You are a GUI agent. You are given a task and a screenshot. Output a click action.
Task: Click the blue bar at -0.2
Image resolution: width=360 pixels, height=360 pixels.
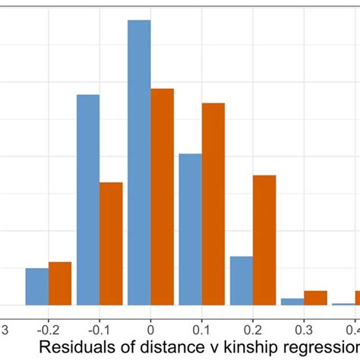[36, 286]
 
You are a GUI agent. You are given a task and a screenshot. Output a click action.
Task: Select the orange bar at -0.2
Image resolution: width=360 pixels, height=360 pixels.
[60, 283]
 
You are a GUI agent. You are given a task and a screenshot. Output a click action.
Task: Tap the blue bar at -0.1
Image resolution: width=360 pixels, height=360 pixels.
[88, 200]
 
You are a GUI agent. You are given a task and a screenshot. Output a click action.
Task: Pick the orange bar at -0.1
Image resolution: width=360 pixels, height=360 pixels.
[111, 243]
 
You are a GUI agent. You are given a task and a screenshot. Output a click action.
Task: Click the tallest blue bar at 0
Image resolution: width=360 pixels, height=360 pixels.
[139, 163]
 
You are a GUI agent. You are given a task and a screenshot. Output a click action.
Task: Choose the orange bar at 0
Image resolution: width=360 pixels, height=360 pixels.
[163, 197]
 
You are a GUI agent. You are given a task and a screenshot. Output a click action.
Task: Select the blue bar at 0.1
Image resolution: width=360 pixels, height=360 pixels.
[190, 229]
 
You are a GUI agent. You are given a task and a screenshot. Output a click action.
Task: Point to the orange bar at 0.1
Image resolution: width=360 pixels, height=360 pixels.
[213, 204]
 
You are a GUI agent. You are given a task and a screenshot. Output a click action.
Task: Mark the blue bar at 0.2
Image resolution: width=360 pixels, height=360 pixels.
[242, 280]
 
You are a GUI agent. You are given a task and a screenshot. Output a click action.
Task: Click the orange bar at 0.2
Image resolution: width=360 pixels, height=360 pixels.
[264, 240]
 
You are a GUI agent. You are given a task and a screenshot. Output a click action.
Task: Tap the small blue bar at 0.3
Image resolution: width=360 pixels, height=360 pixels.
[292, 302]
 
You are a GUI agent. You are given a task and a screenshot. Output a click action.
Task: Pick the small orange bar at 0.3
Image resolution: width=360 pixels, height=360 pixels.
[315, 298]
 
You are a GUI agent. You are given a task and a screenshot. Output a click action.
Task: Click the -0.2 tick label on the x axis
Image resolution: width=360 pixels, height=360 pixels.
[47, 330]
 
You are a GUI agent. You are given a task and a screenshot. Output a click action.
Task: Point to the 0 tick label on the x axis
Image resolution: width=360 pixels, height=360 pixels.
[150, 330]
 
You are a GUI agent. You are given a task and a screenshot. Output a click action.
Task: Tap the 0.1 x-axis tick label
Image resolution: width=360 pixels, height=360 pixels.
[201, 330]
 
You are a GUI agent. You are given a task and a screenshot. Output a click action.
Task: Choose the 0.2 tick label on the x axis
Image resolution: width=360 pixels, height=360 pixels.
[253, 330]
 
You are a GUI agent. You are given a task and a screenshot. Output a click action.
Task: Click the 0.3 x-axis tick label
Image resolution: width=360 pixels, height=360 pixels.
[304, 330]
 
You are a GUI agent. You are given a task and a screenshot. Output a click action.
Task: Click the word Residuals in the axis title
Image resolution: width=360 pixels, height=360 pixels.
[72, 349]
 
